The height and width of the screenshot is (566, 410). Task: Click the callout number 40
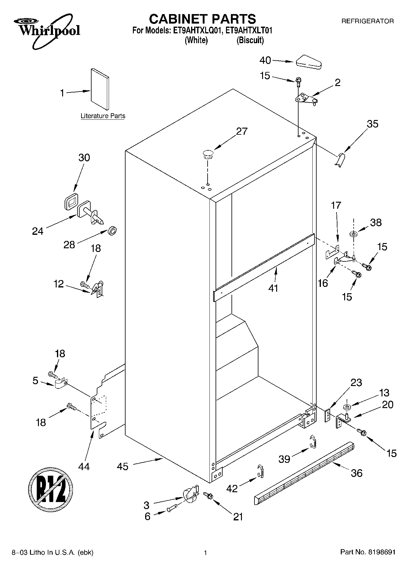pos(265,60)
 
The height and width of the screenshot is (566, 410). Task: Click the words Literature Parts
pos(103,116)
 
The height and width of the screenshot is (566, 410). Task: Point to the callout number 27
pos(242,131)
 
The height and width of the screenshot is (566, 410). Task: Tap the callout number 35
pos(372,124)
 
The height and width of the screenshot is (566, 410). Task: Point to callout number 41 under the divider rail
pos(273,288)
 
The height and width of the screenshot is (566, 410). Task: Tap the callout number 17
pos(336,205)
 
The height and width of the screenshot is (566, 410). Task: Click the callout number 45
pos(122,467)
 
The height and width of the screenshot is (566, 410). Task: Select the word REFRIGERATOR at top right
pos(367,21)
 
